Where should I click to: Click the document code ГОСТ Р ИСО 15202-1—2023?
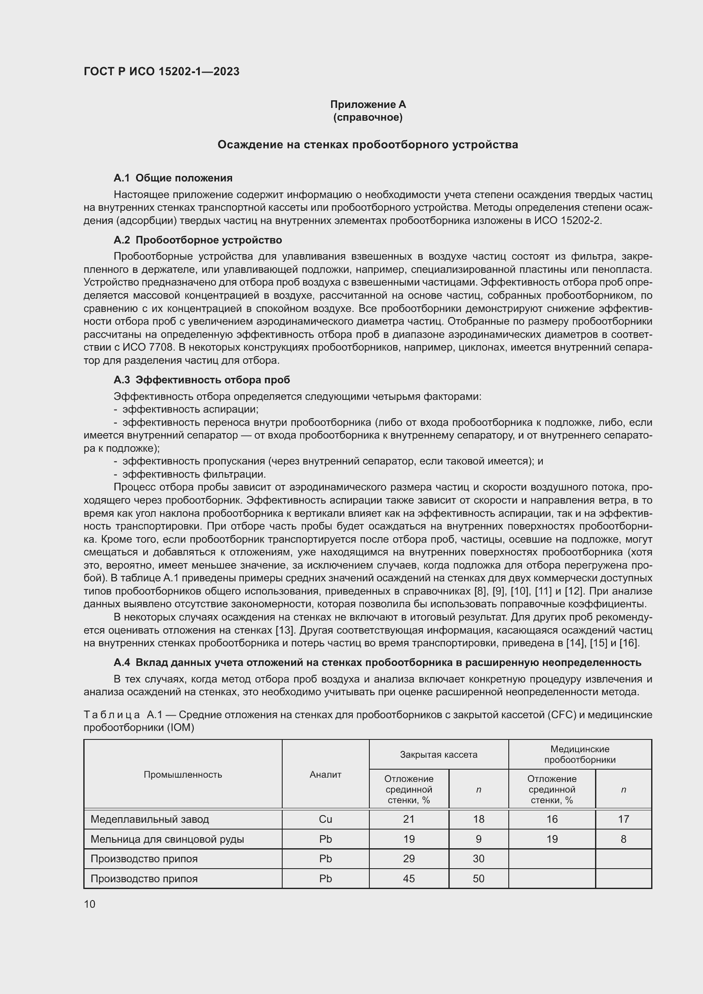coord(162,71)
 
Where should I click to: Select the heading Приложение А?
coord(368,105)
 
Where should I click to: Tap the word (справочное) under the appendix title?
coord(368,117)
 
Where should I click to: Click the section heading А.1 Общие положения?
coord(173,178)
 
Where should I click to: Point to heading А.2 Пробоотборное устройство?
coord(198,240)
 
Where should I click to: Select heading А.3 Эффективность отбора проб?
coord(202,379)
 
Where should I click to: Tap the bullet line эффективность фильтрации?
coord(194,474)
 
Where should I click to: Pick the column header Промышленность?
coord(183,775)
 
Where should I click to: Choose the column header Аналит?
coord(326,775)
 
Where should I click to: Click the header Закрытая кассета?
coord(439,755)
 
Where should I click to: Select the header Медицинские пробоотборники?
coord(580,755)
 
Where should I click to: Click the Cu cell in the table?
coord(326,819)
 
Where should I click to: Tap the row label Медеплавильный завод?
coord(150,819)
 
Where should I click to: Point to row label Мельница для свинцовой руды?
coord(167,839)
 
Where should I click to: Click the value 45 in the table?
coord(408,878)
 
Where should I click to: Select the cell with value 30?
coord(478,858)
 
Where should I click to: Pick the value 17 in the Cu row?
coord(624,819)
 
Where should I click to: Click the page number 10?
coord(90,904)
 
